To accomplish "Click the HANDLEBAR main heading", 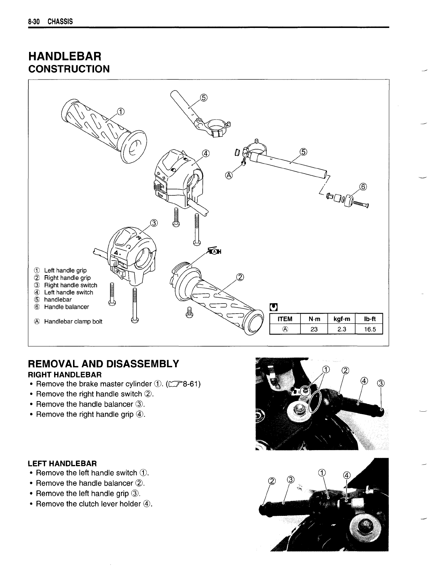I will click(x=65, y=56).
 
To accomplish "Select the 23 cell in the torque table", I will click(x=314, y=329).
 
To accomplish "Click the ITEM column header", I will click(x=285, y=319).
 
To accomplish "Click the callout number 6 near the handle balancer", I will click(x=363, y=187).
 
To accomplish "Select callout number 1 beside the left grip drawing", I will click(x=120, y=111).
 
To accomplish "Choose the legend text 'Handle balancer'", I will click(x=66, y=307).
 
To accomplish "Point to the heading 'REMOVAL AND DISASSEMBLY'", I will click(x=104, y=364).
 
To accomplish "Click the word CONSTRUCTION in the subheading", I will click(x=69, y=69).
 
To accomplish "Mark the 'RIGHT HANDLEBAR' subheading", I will click(x=65, y=374).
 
